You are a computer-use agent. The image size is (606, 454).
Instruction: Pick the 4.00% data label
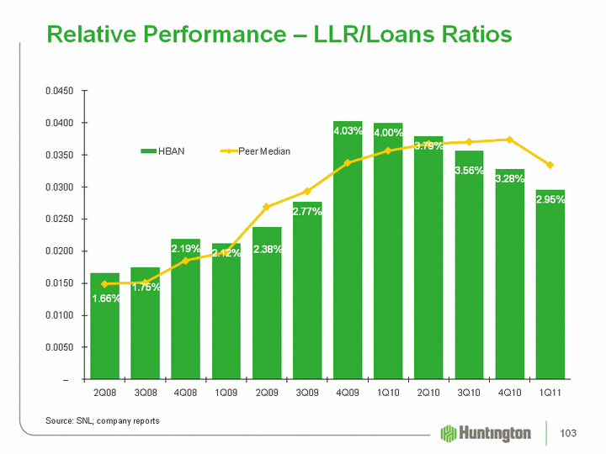[388, 133]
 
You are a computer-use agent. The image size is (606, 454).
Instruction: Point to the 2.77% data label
[307, 211]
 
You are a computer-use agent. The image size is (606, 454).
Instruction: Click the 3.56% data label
[469, 171]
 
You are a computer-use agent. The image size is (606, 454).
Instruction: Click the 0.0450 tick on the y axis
[59, 91]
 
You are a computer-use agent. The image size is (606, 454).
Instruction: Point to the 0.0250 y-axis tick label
[59, 219]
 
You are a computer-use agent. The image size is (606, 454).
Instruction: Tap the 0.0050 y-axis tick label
[59, 347]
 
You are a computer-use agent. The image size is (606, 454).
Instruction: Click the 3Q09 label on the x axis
[307, 393]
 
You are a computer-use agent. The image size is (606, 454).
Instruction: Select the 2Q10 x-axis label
[428, 393]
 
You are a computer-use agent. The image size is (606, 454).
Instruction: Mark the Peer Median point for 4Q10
[509, 140]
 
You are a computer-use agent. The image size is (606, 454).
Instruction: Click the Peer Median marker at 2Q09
[267, 206]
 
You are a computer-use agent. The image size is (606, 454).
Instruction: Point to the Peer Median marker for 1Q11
[550, 165]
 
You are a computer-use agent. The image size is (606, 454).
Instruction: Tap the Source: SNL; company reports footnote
[102, 420]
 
